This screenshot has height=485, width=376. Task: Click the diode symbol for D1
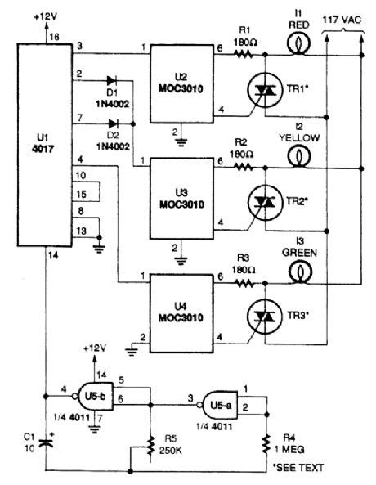pyautogui.click(x=112, y=81)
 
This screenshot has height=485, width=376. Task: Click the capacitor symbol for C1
pyautogui.click(x=47, y=442)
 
